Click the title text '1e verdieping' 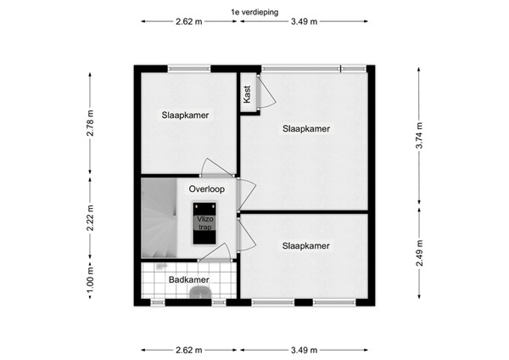click(x=254, y=11)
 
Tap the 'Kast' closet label click(x=247, y=93)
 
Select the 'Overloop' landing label click(x=206, y=189)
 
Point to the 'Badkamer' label click(x=188, y=279)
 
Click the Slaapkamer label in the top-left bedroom click(x=186, y=115)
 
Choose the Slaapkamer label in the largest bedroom click(x=305, y=129)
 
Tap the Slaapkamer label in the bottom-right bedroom click(x=305, y=246)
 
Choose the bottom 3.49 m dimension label click(x=304, y=349)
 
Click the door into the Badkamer click(x=214, y=253)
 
